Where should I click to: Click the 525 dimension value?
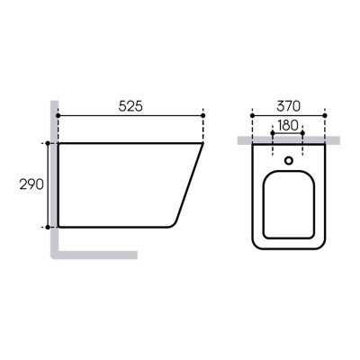pos(130,104)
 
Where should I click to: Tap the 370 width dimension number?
pos(287,104)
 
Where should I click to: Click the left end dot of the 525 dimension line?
pos(58,116)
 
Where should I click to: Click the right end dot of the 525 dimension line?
pos(203,116)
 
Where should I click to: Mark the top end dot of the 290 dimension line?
pos(47,142)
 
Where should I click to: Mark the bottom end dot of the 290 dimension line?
pos(47,227)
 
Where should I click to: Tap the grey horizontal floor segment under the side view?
pos(99,254)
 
